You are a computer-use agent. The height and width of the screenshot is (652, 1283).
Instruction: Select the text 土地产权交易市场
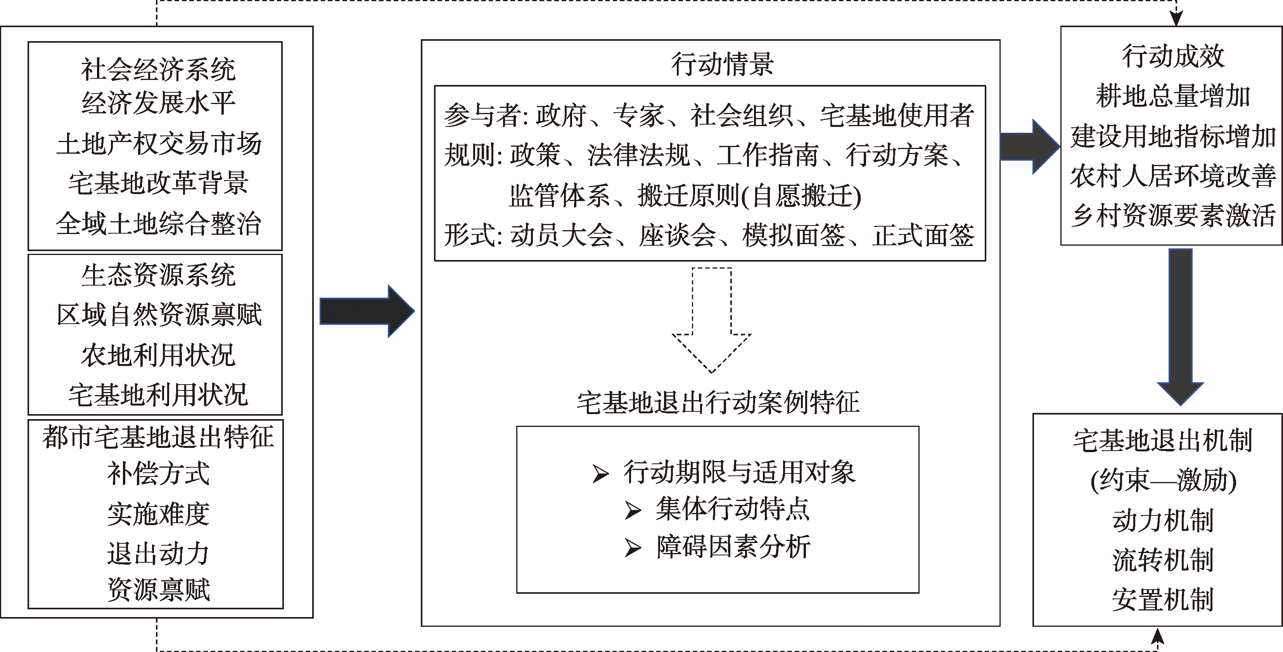(x=158, y=144)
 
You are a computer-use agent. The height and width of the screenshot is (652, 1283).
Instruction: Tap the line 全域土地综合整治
(x=158, y=223)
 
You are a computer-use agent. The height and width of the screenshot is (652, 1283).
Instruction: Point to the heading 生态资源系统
(x=158, y=275)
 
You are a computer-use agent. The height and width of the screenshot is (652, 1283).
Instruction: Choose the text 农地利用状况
(x=158, y=355)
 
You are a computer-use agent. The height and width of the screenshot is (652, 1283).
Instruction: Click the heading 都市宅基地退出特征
(x=158, y=437)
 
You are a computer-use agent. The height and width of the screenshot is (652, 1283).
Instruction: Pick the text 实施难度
(x=158, y=514)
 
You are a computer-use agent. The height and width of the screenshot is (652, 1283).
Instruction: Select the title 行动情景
(x=722, y=64)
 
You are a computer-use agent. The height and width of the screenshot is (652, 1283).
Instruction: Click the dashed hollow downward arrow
(x=712, y=320)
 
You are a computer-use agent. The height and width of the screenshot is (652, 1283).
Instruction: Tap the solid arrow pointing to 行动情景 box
(x=367, y=311)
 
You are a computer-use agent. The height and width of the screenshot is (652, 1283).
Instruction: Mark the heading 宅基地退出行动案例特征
(x=718, y=402)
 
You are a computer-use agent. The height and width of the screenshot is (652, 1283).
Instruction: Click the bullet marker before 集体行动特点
(x=633, y=510)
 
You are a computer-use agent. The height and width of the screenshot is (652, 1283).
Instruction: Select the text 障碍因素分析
(x=733, y=547)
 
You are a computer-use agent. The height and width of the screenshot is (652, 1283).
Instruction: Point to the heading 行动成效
(x=1172, y=56)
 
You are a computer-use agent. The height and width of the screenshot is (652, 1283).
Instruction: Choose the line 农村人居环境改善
(x=1172, y=175)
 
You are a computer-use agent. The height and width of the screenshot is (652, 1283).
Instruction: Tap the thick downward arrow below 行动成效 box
(x=1180, y=326)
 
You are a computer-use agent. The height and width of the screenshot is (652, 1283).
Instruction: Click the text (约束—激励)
(x=1163, y=481)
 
